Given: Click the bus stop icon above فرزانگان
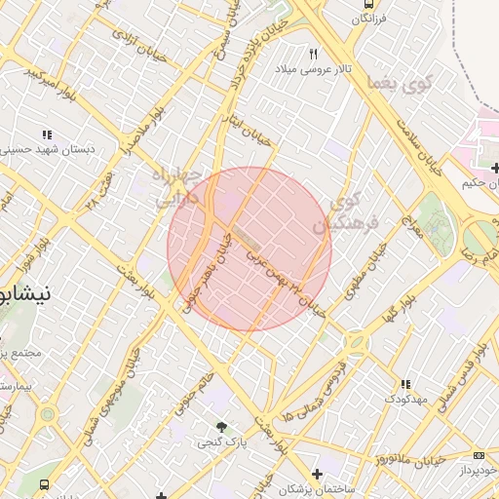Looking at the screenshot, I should pyautogui.click(x=366, y=4).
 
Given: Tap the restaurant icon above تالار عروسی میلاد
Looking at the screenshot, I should pyautogui.click(x=313, y=55).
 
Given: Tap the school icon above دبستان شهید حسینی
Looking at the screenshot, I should pyautogui.click(x=46, y=134).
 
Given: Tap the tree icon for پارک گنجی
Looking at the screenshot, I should pyautogui.click(x=223, y=427).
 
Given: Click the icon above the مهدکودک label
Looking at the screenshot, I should pyautogui.click(x=404, y=385).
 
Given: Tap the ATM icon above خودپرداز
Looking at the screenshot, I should pyautogui.click(x=478, y=455).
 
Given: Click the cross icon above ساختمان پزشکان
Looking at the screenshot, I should pyautogui.click(x=315, y=474).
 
